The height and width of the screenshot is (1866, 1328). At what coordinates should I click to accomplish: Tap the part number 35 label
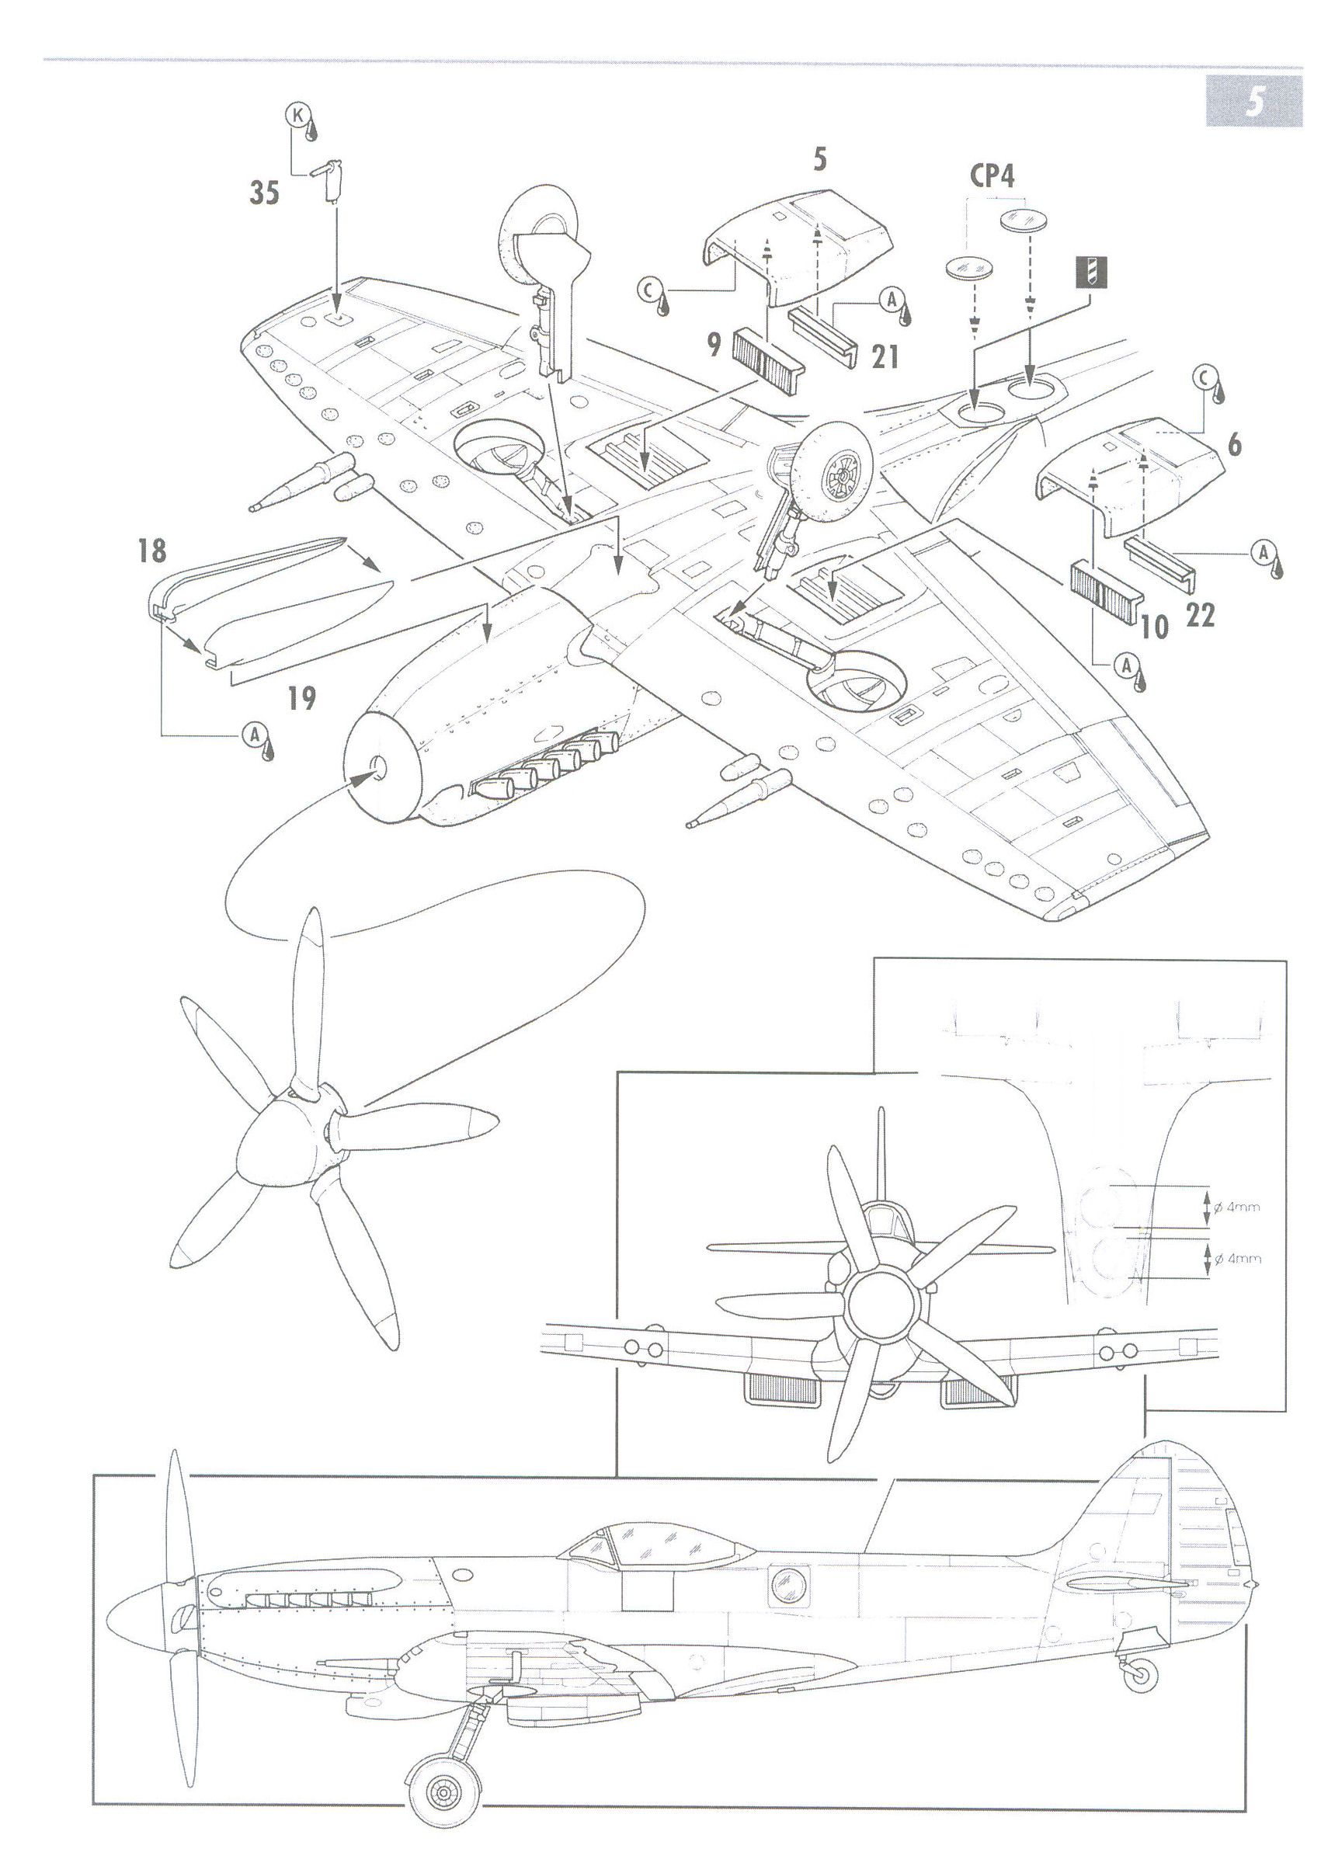click(x=264, y=193)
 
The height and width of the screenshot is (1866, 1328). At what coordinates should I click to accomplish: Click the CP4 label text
click(x=992, y=175)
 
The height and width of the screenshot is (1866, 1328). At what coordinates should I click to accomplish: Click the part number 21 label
click(x=885, y=356)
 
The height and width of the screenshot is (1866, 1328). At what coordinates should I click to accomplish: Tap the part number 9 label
click(x=714, y=345)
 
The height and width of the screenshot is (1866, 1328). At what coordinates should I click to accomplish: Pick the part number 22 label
click(x=1200, y=616)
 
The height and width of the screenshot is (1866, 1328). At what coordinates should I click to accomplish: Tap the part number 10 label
click(x=1154, y=627)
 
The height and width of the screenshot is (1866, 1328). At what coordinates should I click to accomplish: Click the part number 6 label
click(x=1234, y=445)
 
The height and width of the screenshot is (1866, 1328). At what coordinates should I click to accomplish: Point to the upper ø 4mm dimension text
click(x=1236, y=1207)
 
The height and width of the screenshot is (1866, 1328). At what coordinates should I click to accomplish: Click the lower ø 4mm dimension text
click(x=1236, y=1259)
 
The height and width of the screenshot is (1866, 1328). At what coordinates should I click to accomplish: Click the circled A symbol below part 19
click(x=254, y=735)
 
